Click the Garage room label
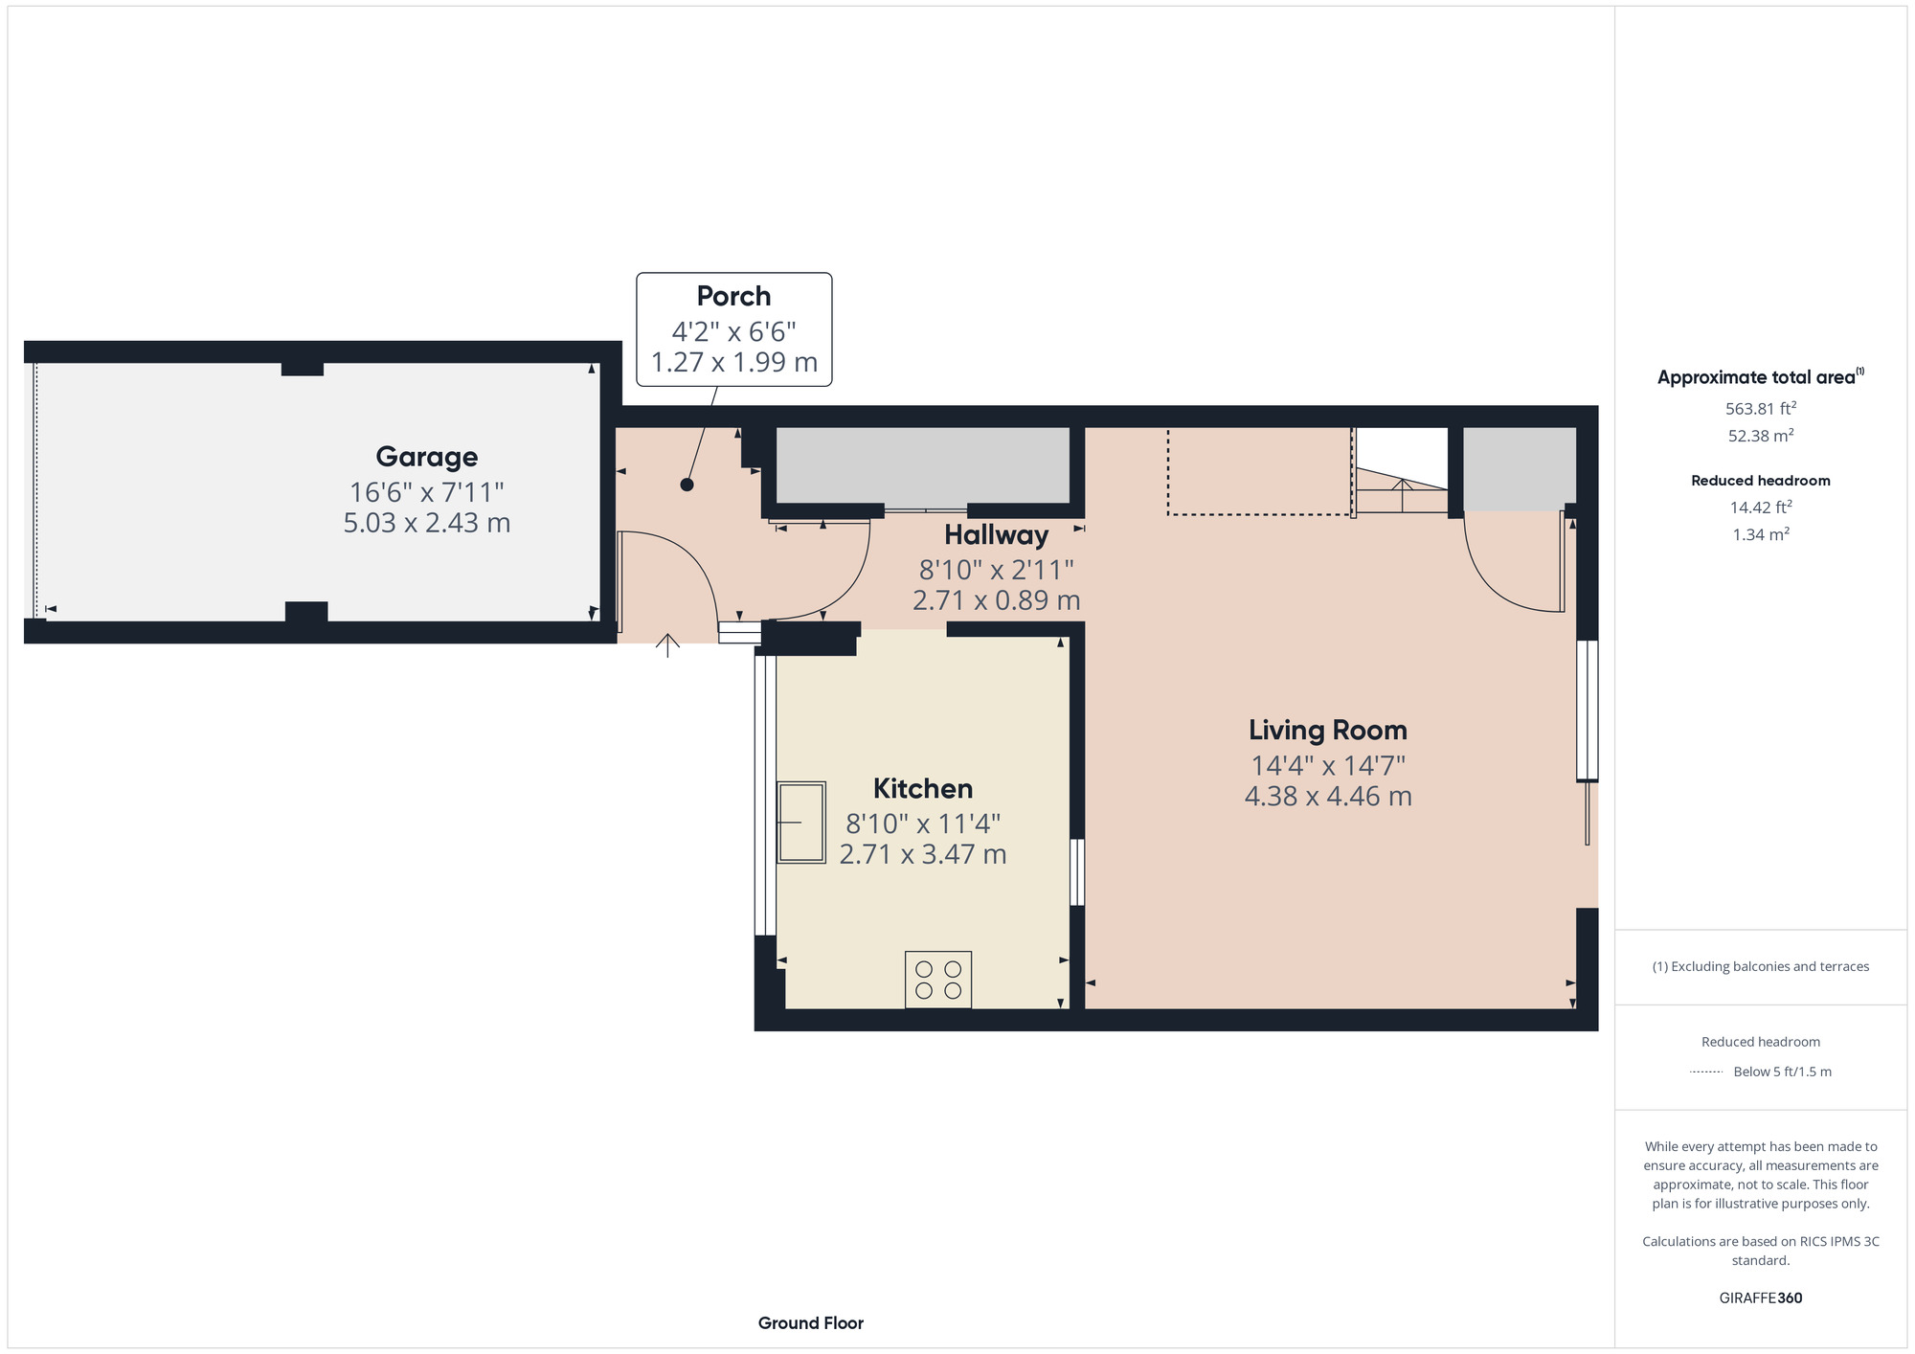click(x=426, y=458)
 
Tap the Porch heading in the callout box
click(x=733, y=297)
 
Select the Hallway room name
click(x=996, y=535)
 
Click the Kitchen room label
click(x=923, y=789)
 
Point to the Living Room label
click(x=1328, y=731)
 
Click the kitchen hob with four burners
click(x=938, y=980)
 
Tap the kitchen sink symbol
click(x=800, y=823)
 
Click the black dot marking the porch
click(x=687, y=485)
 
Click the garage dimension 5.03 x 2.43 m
click(x=427, y=523)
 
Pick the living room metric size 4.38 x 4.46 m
click(x=1328, y=797)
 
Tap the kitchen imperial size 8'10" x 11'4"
click(x=923, y=824)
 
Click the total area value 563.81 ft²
click(x=1761, y=408)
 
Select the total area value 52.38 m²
click(x=1761, y=435)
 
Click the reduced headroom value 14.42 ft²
click(x=1761, y=507)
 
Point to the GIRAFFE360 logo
click(x=1761, y=1298)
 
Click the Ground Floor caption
click(x=811, y=1323)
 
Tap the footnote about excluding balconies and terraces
click(x=1761, y=966)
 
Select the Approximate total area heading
click(x=1761, y=377)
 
